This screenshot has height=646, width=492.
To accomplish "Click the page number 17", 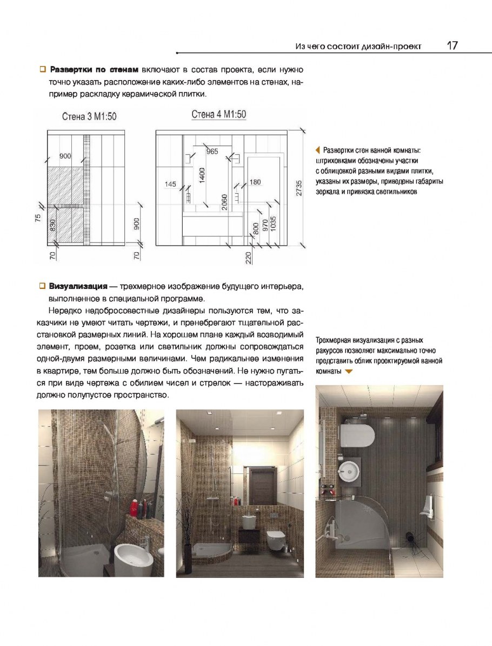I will pos(453,45).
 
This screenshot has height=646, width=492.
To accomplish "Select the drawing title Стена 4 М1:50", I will pos(218,114).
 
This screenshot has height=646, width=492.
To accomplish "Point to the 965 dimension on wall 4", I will pos(212,151).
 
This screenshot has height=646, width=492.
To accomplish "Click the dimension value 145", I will pos(170,184).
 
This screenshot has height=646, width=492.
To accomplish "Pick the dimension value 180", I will pos(255,182).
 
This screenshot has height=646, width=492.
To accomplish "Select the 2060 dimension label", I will pos(224,201).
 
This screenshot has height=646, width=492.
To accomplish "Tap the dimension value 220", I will pos(248,257).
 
